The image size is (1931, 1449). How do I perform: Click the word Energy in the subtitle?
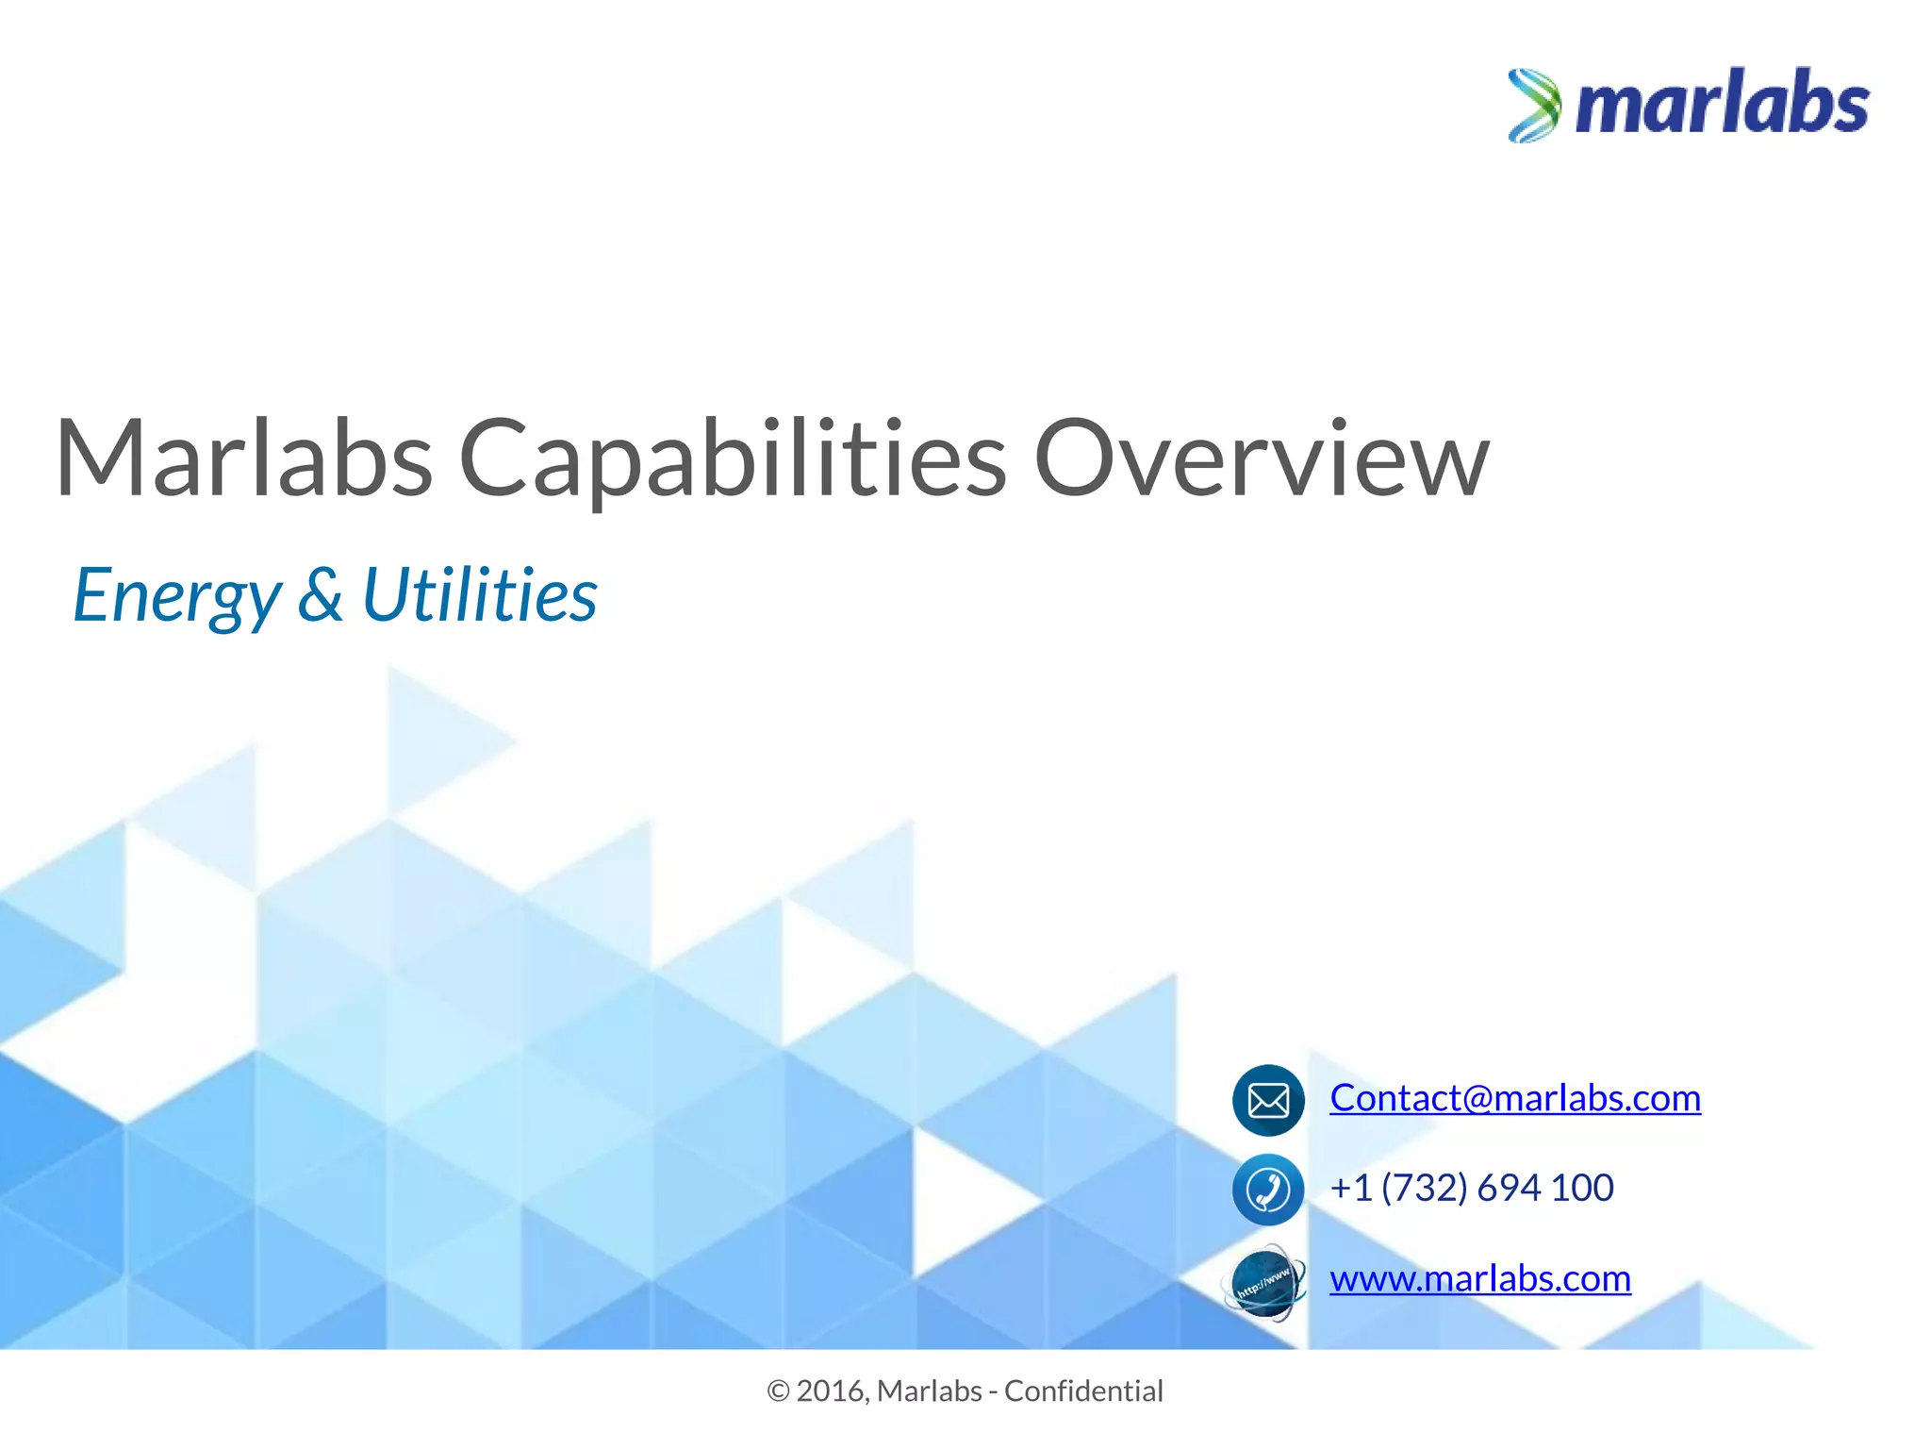point(177,596)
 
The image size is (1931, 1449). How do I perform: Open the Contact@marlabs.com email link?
point(1514,1098)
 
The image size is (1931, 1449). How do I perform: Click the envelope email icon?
point(1268,1100)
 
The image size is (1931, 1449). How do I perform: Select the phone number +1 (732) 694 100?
point(1471,1188)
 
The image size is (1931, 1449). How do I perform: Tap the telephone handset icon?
point(1268,1190)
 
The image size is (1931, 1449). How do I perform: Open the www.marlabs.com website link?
point(1479,1278)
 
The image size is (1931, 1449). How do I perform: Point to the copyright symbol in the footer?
point(778,1391)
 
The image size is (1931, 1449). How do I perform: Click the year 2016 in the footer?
point(831,1391)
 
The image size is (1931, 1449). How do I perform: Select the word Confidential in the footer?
point(1083,1391)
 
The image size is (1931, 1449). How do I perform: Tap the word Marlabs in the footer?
point(930,1391)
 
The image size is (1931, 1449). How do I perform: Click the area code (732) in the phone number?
point(1425,1188)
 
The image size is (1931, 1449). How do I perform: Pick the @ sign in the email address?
point(1478,1099)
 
